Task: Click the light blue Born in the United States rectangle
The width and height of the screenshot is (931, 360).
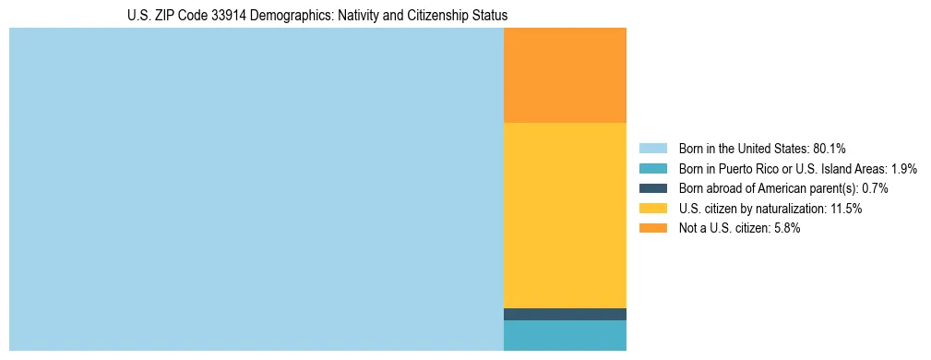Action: [x=256, y=189]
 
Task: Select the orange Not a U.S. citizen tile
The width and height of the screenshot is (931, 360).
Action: [x=565, y=75]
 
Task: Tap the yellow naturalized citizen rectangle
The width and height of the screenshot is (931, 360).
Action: [x=565, y=215]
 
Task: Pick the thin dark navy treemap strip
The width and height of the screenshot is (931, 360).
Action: [x=565, y=314]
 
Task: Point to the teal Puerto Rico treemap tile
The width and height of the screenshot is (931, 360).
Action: [x=565, y=335]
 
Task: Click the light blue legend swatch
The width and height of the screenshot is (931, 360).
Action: [x=652, y=149]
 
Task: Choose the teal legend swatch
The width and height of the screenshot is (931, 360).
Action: [x=652, y=169]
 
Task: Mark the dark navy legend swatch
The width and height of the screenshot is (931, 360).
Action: [x=652, y=188]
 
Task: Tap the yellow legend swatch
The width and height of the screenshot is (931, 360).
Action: [x=652, y=209]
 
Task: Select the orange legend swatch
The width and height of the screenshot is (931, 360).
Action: [x=652, y=228]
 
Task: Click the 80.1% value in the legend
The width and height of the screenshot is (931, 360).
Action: [x=830, y=149]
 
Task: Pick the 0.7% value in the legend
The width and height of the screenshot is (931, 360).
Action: [x=875, y=188]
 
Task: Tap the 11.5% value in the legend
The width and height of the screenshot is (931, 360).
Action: [x=846, y=209]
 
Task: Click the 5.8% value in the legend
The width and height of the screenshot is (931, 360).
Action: [x=785, y=228]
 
